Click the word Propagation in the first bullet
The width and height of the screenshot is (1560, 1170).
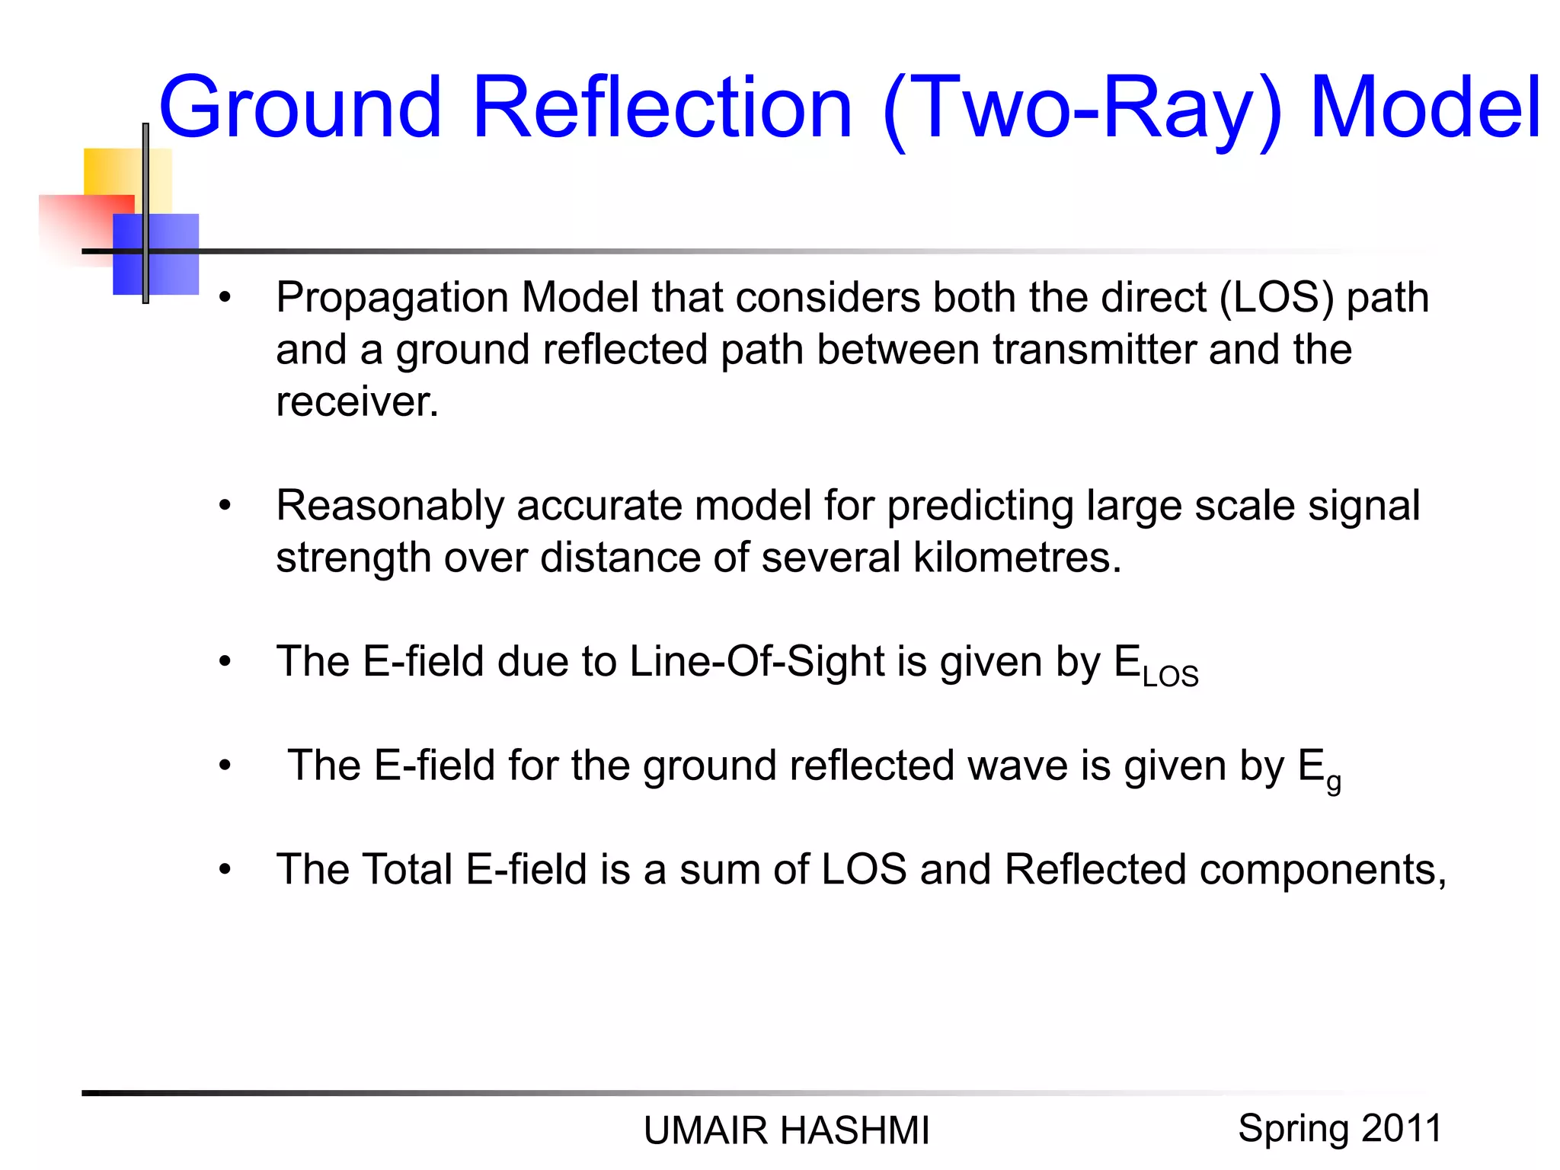(x=392, y=298)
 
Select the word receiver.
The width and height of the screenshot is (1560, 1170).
(x=357, y=401)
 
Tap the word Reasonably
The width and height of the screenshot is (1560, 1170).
(x=390, y=506)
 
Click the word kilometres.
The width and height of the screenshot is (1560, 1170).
(x=1017, y=558)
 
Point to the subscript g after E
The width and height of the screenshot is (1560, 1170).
(x=1333, y=782)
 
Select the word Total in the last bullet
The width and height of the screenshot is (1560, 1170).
(x=407, y=869)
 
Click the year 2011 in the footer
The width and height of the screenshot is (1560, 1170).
(x=1402, y=1128)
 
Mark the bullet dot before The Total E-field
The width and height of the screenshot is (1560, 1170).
(x=225, y=869)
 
